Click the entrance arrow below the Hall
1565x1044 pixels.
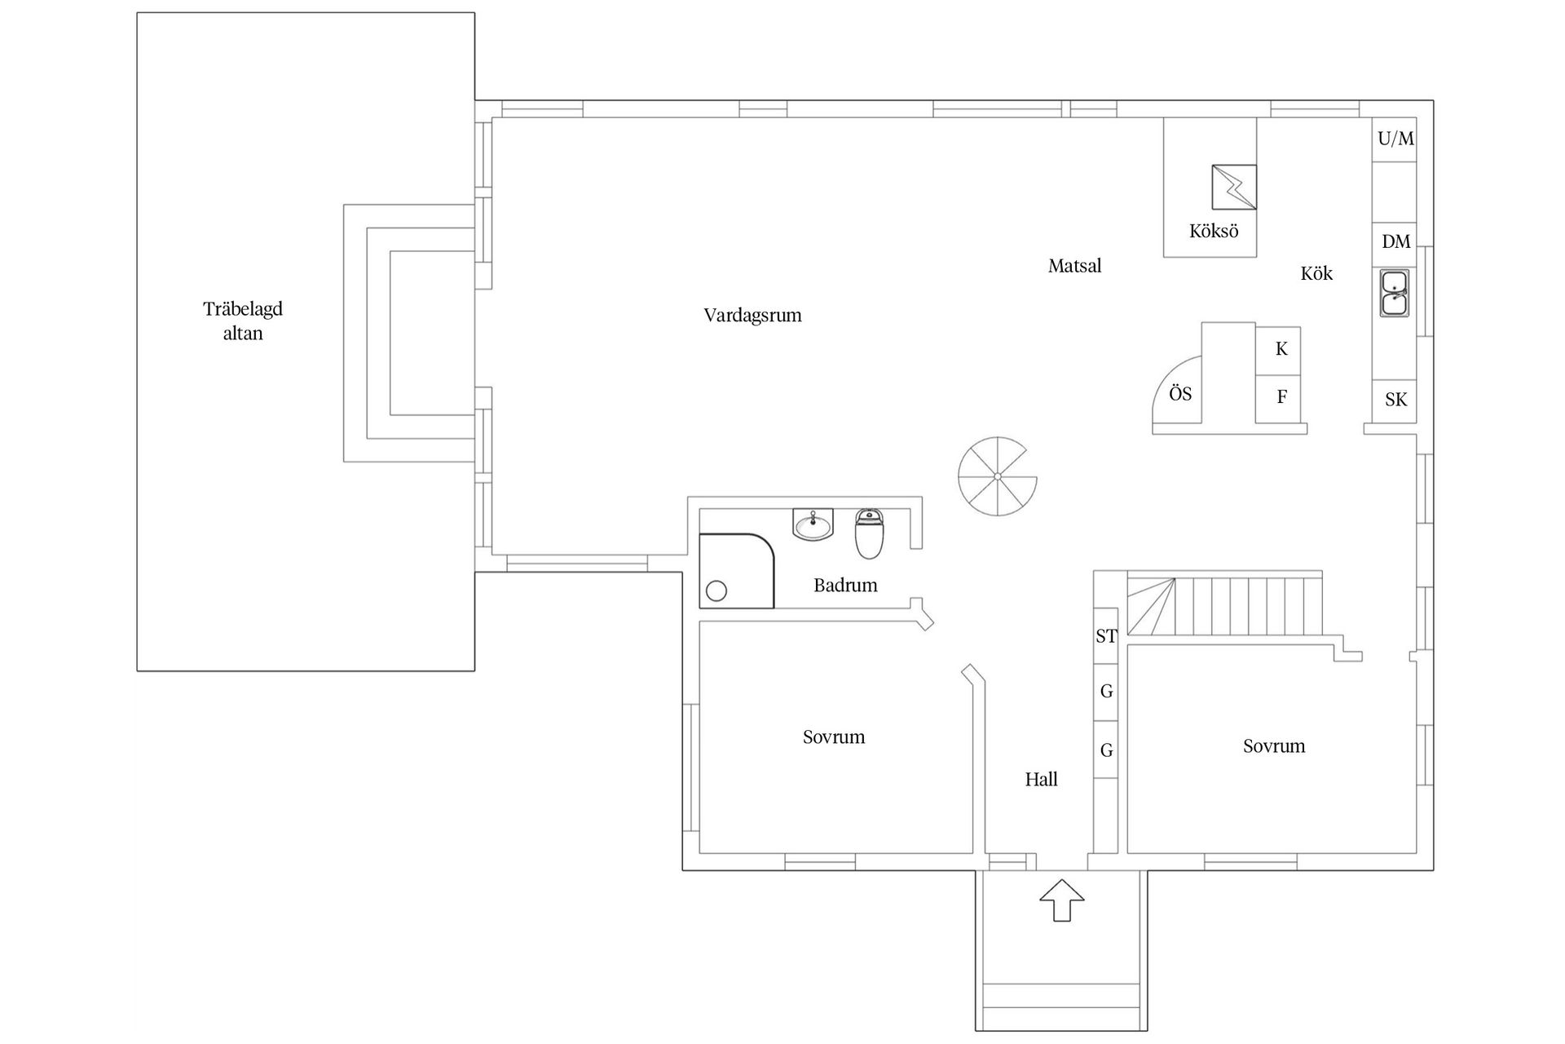1061,900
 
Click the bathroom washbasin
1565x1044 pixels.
813,524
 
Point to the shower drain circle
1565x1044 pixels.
716,591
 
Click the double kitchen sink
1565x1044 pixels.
1395,293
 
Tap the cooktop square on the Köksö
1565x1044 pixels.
1233,187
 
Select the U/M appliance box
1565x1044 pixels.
1395,139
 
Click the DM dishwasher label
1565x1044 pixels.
1395,241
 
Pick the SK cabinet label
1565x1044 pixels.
1395,400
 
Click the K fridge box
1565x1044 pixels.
1281,350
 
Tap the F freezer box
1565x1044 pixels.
1281,397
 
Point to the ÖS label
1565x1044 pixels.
1179,395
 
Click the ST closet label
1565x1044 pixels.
1106,636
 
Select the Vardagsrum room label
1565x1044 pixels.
752,316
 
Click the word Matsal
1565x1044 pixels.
1074,266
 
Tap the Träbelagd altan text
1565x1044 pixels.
243,321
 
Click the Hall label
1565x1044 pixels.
1041,780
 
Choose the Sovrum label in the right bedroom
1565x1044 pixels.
1273,746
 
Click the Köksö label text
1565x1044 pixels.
1213,232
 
